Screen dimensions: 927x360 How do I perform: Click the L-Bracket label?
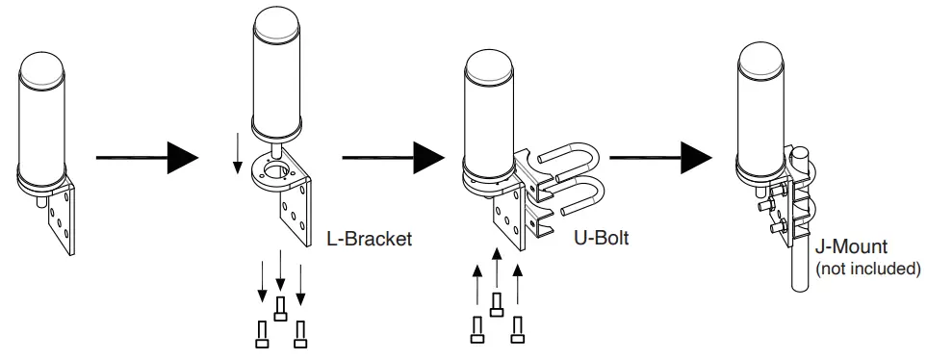pos(370,239)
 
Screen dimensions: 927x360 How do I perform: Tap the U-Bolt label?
pos(602,238)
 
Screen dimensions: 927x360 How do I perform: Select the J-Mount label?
pos(851,247)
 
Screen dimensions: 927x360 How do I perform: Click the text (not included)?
pos(868,269)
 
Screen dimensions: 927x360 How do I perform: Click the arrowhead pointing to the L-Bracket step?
pos(183,158)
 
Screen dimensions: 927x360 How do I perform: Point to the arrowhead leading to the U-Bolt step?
pos(428,158)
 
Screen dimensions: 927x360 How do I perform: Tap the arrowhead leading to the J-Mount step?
pos(696,158)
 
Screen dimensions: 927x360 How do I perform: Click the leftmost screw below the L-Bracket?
pos(262,335)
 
